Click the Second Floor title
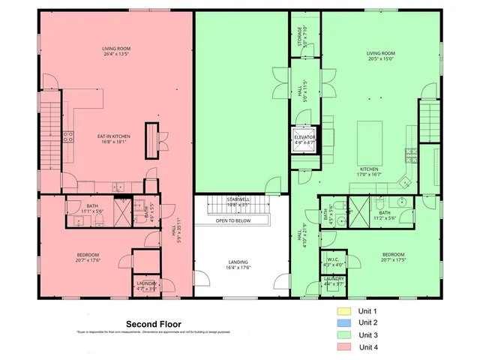[154, 324]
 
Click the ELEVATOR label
[304, 138]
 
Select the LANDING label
[238, 262]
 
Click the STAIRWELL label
[241, 199]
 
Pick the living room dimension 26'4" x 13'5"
[116, 55]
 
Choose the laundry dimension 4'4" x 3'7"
[334, 283]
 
